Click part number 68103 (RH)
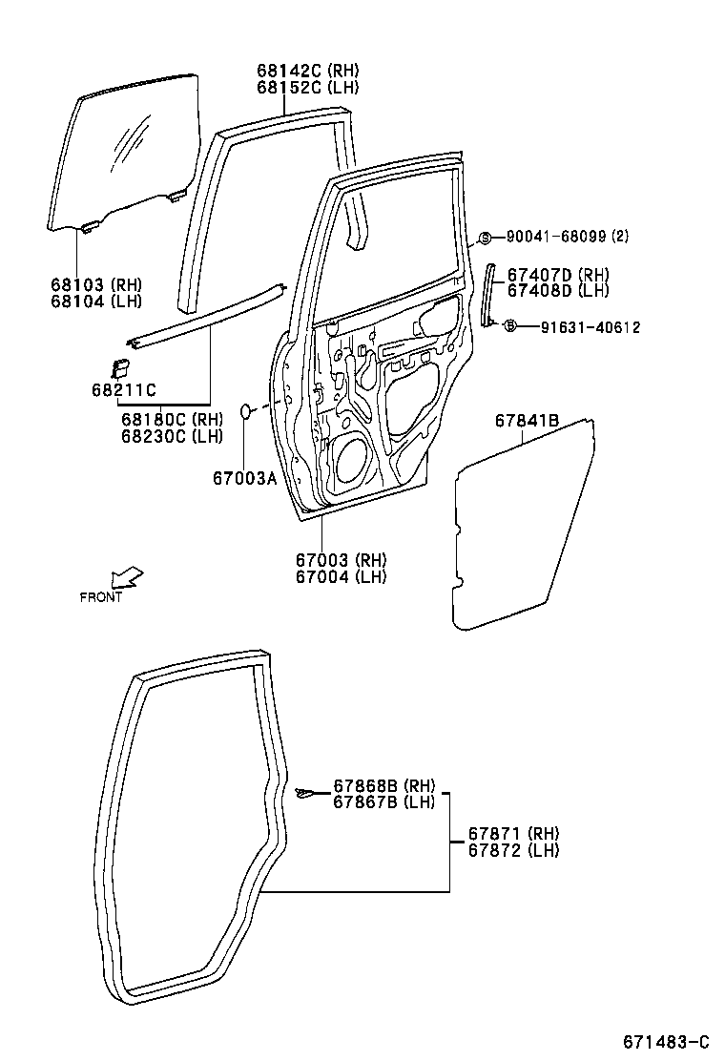click(95, 283)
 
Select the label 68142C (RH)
click(307, 71)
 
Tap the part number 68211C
click(124, 388)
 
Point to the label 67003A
click(244, 478)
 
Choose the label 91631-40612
click(576, 327)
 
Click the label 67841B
click(527, 421)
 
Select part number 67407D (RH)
click(558, 275)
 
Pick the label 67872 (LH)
click(513, 850)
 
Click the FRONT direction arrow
click(127, 577)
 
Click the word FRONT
click(101, 597)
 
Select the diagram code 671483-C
click(667, 1041)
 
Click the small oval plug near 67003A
click(245, 410)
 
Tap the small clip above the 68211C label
click(121, 368)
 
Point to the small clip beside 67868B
click(304, 792)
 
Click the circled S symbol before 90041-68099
click(485, 237)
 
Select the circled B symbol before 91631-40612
click(509, 327)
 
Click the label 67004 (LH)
click(341, 576)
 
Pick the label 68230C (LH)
click(172, 436)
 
